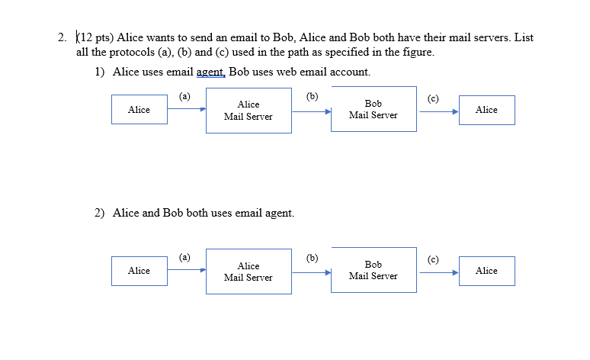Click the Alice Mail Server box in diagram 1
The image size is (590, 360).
click(x=249, y=111)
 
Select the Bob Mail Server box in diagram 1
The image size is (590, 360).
click(x=374, y=109)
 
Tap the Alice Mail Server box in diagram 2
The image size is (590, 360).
click(x=249, y=272)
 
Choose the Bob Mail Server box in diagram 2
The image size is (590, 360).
click(x=374, y=270)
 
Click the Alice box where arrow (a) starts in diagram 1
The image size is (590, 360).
click(x=139, y=110)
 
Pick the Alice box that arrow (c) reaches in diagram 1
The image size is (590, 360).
click(x=486, y=110)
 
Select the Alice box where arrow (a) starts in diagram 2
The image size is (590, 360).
click(x=139, y=271)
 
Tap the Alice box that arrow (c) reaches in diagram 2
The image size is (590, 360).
click(x=486, y=271)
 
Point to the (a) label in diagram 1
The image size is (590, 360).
click(x=184, y=97)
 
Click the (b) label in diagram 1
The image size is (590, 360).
click(x=312, y=97)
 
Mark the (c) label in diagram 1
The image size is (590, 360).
click(x=433, y=98)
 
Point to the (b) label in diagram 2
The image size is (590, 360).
click(x=312, y=258)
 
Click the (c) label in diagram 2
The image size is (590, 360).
click(x=433, y=259)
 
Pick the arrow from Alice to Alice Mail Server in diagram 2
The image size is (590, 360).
click(x=187, y=269)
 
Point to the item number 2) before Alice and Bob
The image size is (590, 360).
click(x=101, y=213)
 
